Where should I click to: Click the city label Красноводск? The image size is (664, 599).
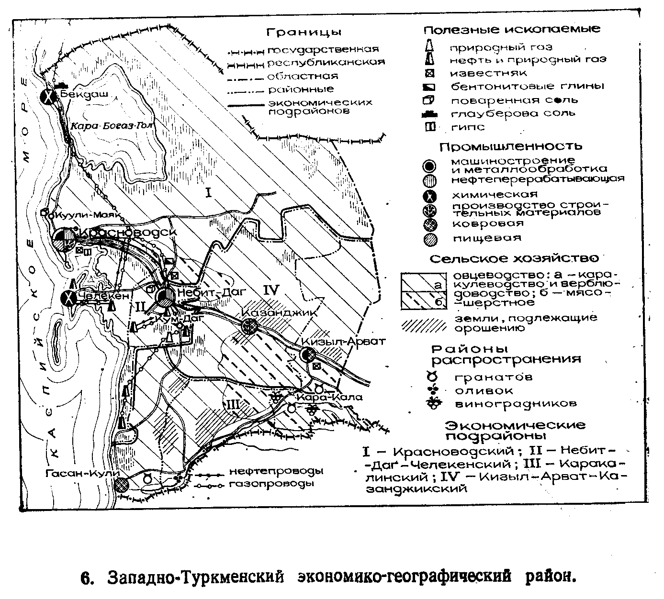[128, 232]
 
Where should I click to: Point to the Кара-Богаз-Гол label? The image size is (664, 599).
[111, 126]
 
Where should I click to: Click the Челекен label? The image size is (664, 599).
[103, 296]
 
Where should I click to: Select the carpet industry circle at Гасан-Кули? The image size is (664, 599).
[122, 484]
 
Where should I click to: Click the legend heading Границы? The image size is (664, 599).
[304, 33]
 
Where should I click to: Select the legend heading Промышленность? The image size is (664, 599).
[511, 146]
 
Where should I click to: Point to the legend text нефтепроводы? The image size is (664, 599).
[276, 471]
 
